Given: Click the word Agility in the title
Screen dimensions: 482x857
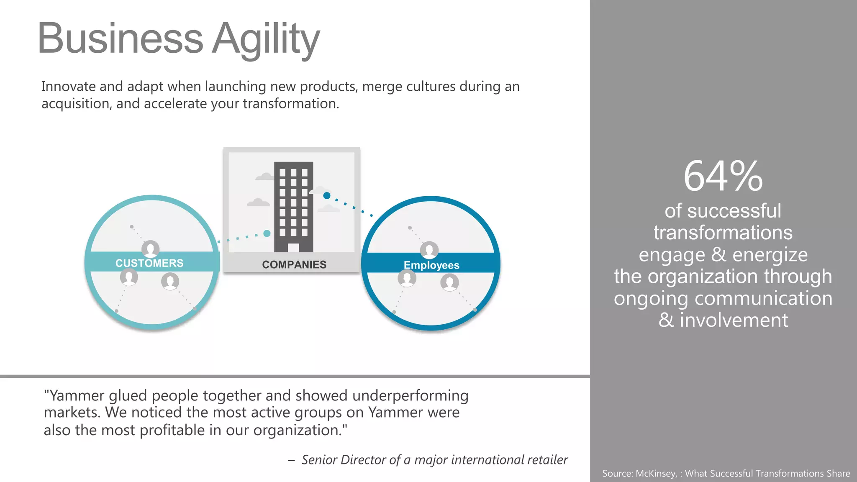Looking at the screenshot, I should click(266, 39).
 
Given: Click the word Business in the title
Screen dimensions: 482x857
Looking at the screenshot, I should click(121, 38).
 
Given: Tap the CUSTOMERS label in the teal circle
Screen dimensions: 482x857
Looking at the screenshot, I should click(149, 263).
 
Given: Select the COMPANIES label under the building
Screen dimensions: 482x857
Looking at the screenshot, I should click(294, 264).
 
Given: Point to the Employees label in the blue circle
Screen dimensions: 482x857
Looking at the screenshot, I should click(431, 265).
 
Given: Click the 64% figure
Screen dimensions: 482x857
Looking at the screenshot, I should click(723, 177).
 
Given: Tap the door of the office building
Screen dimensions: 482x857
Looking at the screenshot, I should click(293, 248).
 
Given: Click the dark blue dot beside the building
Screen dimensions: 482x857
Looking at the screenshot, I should click(327, 195).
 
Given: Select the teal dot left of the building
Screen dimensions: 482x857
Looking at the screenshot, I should click(267, 233).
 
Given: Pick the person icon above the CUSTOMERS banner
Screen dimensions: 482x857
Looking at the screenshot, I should click(150, 249).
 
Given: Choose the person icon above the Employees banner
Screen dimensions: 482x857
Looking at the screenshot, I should click(429, 250).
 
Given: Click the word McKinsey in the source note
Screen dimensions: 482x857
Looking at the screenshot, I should click(656, 473).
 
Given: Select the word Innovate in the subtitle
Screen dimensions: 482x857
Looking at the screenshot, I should click(69, 87).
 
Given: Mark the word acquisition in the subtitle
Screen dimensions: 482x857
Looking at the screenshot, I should click(77, 104).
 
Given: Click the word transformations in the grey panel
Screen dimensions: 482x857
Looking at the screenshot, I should click(723, 233).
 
